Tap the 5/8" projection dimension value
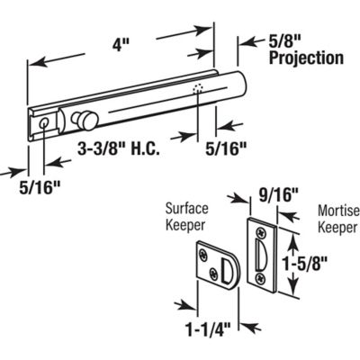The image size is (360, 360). pos(285,41)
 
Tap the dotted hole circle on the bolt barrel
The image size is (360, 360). pos(197,89)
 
